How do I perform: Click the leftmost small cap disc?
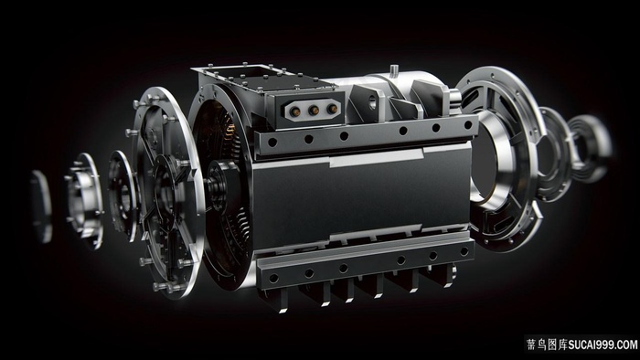pos(41,206)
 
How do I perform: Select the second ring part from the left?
pos(85,200)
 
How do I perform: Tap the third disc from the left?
pos(123,196)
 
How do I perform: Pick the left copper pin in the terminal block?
pos(294,110)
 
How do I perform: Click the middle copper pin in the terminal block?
pos(314,110)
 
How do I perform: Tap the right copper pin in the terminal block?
pos(333,109)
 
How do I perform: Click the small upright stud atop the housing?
pos(394,69)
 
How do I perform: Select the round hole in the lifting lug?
pos(372,101)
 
